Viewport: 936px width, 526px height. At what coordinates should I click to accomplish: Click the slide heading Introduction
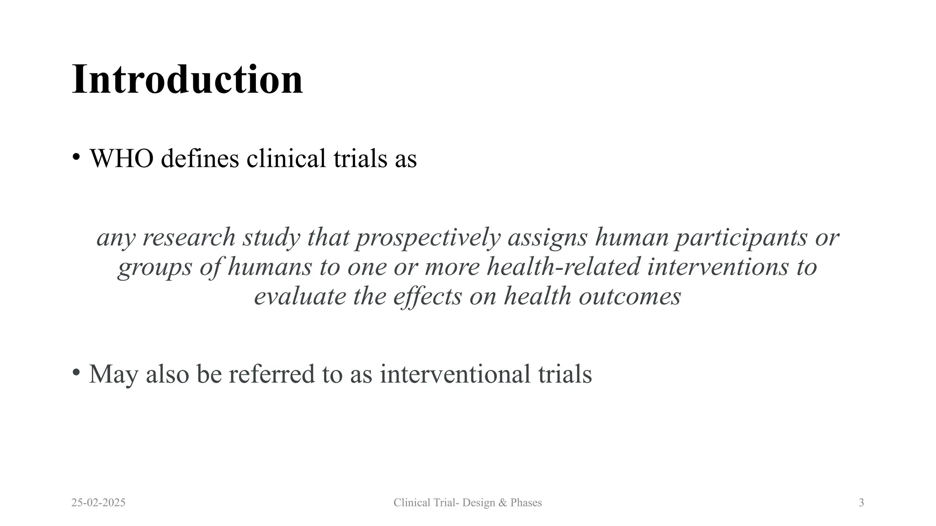(x=187, y=79)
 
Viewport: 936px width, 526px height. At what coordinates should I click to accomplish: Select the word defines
(x=200, y=158)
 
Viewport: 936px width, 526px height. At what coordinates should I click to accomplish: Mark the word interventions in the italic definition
(x=718, y=267)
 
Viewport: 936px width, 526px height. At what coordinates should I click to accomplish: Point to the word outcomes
(x=630, y=296)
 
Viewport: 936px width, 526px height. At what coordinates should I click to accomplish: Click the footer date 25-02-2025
(x=98, y=503)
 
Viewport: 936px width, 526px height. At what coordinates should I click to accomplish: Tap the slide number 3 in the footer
(x=861, y=503)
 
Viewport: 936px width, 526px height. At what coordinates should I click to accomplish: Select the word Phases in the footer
(x=526, y=503)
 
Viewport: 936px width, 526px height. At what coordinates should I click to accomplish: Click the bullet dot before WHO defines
(x=76, y=157)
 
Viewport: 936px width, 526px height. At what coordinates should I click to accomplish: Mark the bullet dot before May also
(x=76, y=372)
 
